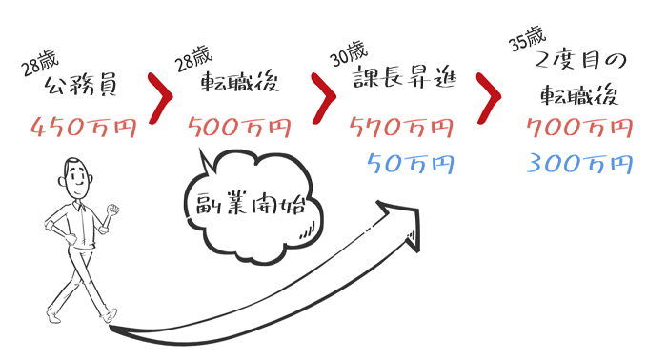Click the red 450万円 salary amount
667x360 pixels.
(x=84, y=127)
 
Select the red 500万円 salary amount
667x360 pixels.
(x=240, y=127)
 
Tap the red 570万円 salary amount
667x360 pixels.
(x=402, y=127)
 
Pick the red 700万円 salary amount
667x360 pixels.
(x=578, y=127)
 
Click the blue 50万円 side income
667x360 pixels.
(x=410, y=163)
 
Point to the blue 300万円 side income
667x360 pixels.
(x=578, y=163)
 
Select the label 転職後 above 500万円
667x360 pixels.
(x=239, y=85)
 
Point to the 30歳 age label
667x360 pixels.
(x=347, y=53)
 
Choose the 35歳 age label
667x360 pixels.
(x=527, y=39)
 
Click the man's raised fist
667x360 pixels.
(x=114, y=209)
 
